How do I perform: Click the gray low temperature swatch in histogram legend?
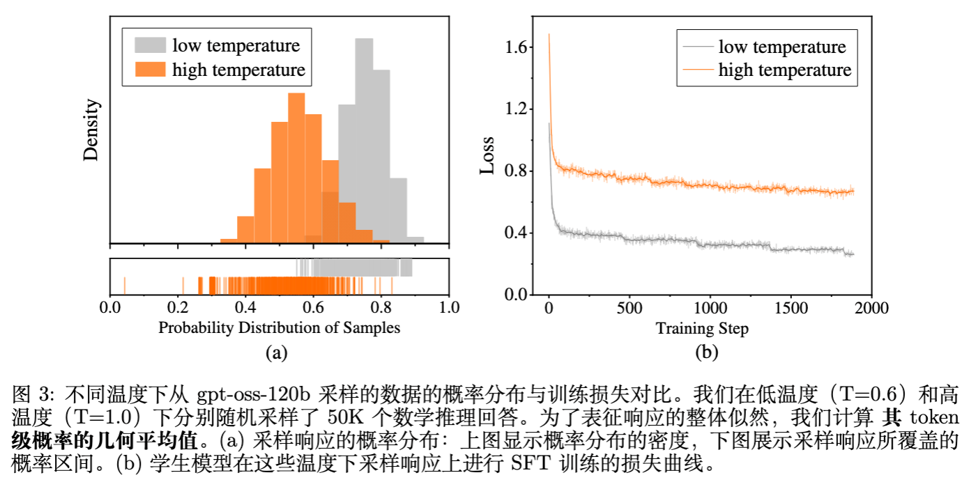pyautogui.click(x=150, y=46)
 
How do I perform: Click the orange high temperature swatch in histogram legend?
pyautogui.click(x=150, y=70)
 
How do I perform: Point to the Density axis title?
pyautogui.click(x=92, y=130)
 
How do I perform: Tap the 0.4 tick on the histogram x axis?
pyautogui.click(x=245, y=306)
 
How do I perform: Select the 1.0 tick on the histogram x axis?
pyautogui.click(x=450, y=306)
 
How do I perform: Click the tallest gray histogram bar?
pyautogui.click(x=363, y=139)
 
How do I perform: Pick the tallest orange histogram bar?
pyautogui.click(x=296, y=167)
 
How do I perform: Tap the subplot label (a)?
pyautogui.click(x=277, y=352)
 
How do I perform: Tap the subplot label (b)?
pyautogui.click(x=707, y=352)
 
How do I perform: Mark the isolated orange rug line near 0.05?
pyautogui.click(x=124, y=286)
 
